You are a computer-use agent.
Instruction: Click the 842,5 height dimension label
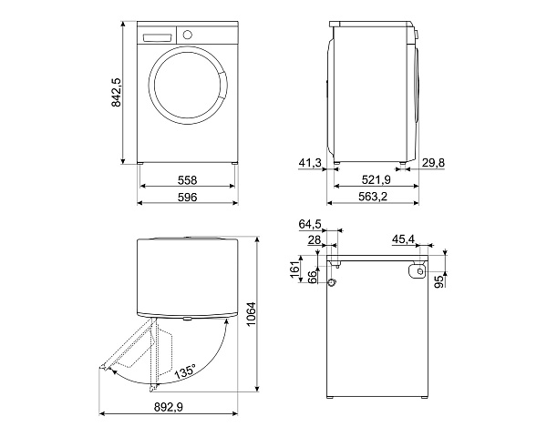click(x=116, y=92)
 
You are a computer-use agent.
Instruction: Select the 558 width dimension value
click(x=187, y=180)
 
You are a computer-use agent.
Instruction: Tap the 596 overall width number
click(x=187, y=197)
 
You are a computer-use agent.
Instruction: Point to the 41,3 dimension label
click(x=310, y=162)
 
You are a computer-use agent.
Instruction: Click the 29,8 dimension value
click(x=433, y=162)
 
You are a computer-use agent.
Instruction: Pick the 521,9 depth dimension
click(x=376, y=180)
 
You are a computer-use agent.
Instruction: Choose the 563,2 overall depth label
click(x=373, y=197)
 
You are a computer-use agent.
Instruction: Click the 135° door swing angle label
click(x=185, y=371)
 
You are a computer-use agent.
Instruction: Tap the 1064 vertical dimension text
click(x=251, y=314)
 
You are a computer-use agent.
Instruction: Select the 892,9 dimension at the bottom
click(x=169, y=407)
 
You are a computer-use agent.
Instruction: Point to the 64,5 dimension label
click(x=310, y=225)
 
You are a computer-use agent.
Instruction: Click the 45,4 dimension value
click(x=403, y=239)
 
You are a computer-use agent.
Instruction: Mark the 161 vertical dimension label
click(x=295, y=269)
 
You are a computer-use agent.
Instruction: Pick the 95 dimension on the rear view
click(x=441, y=281)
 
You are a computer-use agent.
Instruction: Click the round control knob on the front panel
click(x=187, y=35)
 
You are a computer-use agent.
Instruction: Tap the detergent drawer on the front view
click(x=158, y=37)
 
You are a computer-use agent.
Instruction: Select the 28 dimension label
click(x=315, y=239)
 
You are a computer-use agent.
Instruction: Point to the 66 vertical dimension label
click(x=312, y=277)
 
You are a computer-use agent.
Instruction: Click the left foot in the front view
click(x=140, y=162)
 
